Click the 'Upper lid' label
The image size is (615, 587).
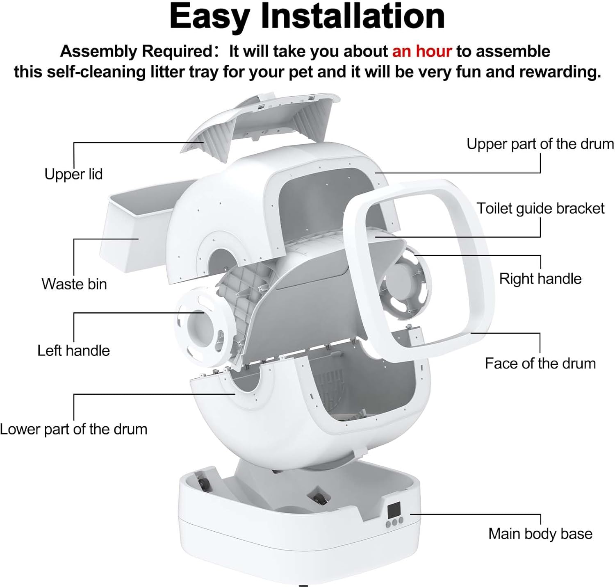[x=73, y=174]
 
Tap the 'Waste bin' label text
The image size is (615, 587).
[x=74, y=284]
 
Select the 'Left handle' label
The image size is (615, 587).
[x=74, y=351]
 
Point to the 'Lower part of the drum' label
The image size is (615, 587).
[x=74, y=429]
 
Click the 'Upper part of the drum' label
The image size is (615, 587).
[x=540, y=144]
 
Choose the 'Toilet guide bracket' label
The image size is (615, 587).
[x=540, y=209]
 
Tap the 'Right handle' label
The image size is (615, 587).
[x=540, y=279]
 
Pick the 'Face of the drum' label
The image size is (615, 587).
[x=540, y=364]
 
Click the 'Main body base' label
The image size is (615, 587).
[x=540, y=534]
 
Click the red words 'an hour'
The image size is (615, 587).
[x=422, y=51]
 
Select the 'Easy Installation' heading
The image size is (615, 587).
[x=307, y=16]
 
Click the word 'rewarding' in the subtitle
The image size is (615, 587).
[x=559, y=72]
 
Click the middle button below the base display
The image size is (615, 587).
[x=394, y=521]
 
